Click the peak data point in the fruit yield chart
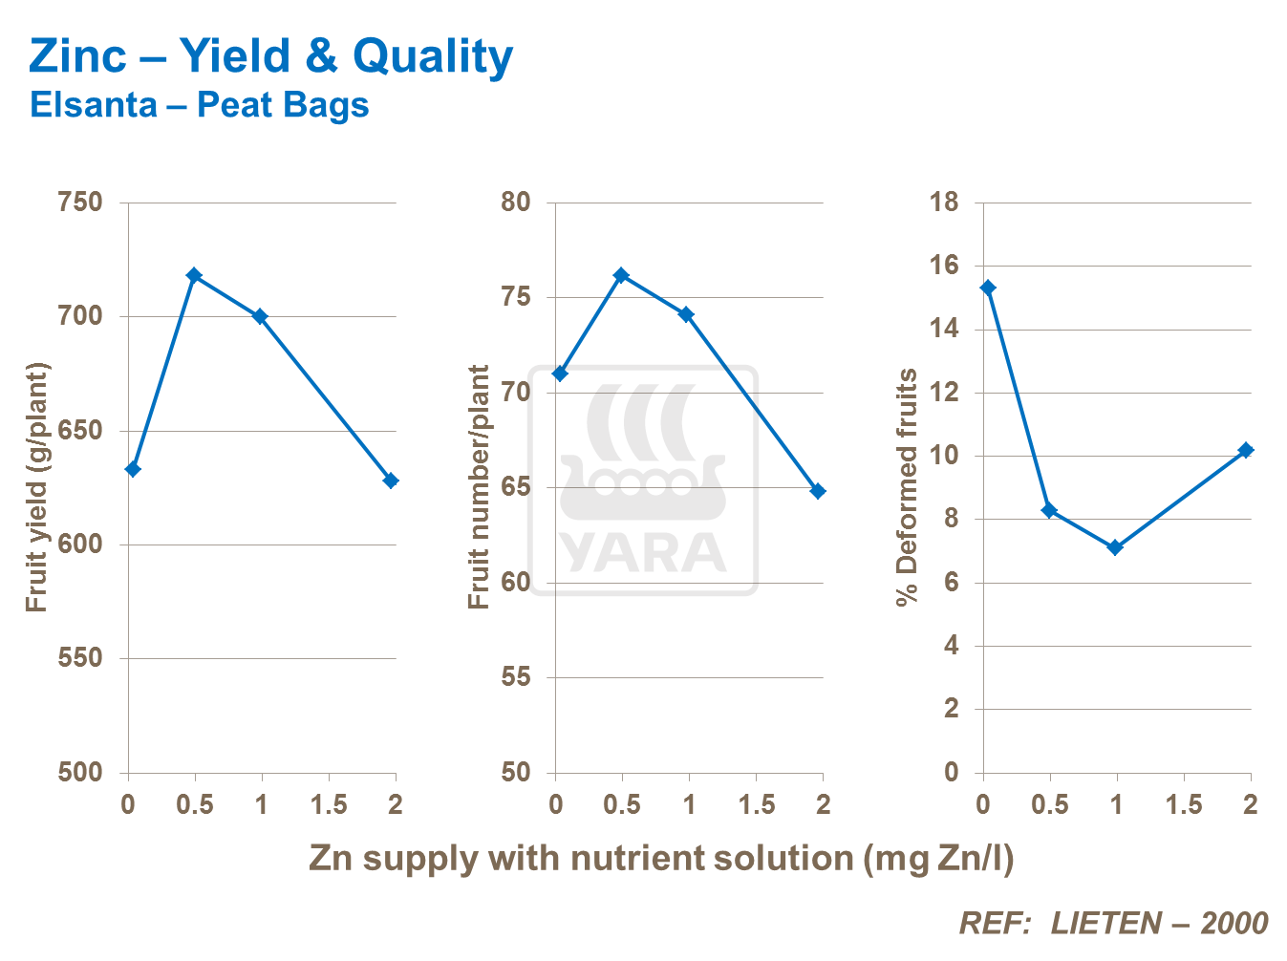[x=194, y=275]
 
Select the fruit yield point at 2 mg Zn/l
[x=391, y=480]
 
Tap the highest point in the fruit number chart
[x=621, y=275]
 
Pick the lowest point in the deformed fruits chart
[x=1114, y=547]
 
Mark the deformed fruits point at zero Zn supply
[x=988, y=288]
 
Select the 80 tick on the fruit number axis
[x=515, y=203]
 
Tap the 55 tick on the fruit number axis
[x=515, y=677]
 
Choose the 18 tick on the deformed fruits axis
[x=944, y=203]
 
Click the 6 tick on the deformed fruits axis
[x=951, y=583]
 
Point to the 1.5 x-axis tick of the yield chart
[x=329, y=804]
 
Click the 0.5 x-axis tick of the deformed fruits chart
[x=1049, y=804]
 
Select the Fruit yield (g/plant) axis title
[x=36, y=487]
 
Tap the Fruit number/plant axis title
[x=479, y=487]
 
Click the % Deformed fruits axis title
[x=906, y=487]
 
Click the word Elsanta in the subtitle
[x=93, y=104]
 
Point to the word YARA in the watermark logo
[x=643, y=552]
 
